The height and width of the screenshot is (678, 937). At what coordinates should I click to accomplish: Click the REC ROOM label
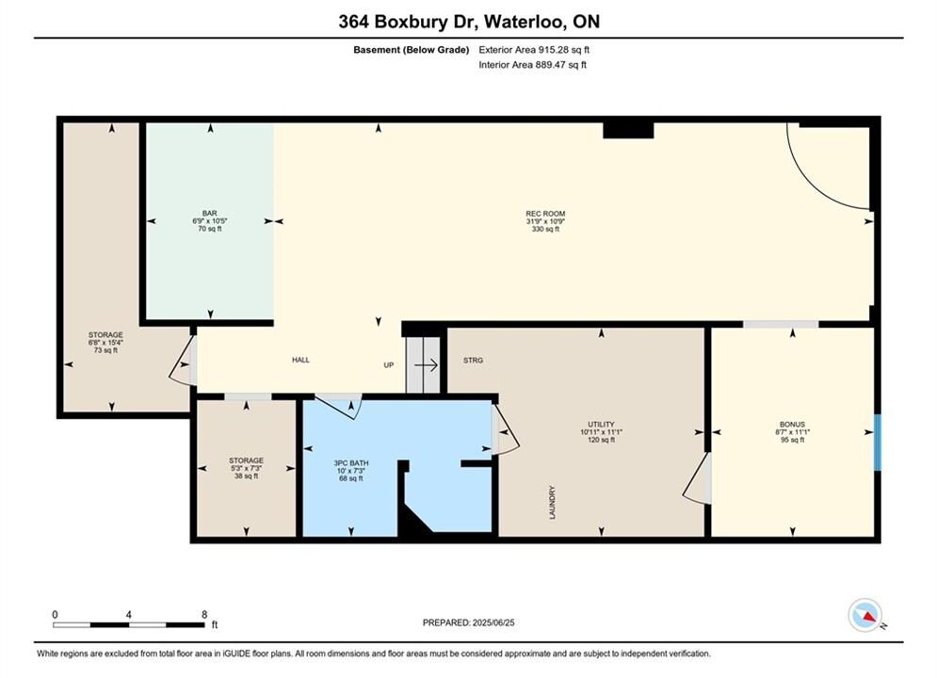pos(545,213)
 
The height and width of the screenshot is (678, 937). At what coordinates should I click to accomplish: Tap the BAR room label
pos(209,213)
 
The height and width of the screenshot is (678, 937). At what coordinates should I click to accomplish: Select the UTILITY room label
pos(601,424)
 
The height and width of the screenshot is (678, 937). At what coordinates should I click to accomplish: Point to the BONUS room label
pos(792,424)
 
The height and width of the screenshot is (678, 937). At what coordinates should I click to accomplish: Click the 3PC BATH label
pos(350,463)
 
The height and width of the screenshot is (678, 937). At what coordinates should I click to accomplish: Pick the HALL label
pos(300,360)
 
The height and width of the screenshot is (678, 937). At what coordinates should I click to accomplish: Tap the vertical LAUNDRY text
pos(552,502)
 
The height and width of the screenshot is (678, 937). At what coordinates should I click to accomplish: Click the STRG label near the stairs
pos(473,361)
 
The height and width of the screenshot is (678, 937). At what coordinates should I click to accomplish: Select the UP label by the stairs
pos(388,365)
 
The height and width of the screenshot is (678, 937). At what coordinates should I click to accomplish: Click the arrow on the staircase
pos(426,365)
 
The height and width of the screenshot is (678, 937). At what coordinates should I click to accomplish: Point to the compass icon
pos(864,615)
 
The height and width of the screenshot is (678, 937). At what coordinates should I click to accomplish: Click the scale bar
pos(128,625)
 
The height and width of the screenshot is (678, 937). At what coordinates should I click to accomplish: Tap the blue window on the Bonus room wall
pos(878,442)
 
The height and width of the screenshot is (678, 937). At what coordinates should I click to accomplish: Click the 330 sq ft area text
pos(545,229)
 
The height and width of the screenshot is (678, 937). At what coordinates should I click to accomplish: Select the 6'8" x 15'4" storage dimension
pos(105,342)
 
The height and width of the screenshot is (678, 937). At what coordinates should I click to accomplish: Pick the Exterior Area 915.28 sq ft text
pos(534,50)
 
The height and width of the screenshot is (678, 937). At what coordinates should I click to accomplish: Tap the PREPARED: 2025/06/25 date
pos(469,622)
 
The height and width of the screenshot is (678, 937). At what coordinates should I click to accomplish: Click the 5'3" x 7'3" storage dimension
pos(246,468)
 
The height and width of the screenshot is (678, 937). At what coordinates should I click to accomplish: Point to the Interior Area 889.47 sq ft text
pos(532,65)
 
